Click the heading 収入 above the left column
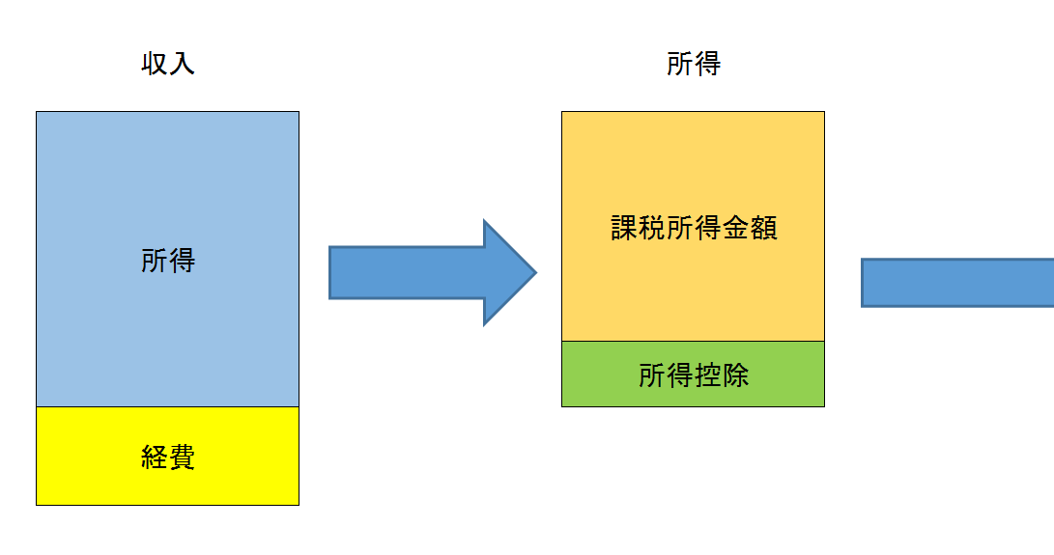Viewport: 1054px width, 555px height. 168,65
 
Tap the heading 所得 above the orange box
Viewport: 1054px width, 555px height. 694,65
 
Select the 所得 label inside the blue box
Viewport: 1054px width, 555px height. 168,261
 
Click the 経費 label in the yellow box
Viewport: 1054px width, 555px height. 168,457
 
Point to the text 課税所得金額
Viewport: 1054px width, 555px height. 694,229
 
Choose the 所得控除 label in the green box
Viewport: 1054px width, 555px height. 694,375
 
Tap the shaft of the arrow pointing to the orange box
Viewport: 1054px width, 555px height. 406,273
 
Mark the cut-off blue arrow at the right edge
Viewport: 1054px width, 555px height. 956,283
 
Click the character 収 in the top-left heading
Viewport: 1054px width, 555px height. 155,65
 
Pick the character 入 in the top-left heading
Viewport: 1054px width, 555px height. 182,65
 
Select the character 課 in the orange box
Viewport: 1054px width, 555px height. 625,229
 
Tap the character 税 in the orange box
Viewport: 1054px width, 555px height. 653,229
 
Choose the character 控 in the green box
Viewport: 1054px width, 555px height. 708,375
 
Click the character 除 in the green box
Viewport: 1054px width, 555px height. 735,375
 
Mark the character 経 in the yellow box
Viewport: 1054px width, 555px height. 155,457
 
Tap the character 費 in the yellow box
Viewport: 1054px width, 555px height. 182,457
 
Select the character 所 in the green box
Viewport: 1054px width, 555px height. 652,375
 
